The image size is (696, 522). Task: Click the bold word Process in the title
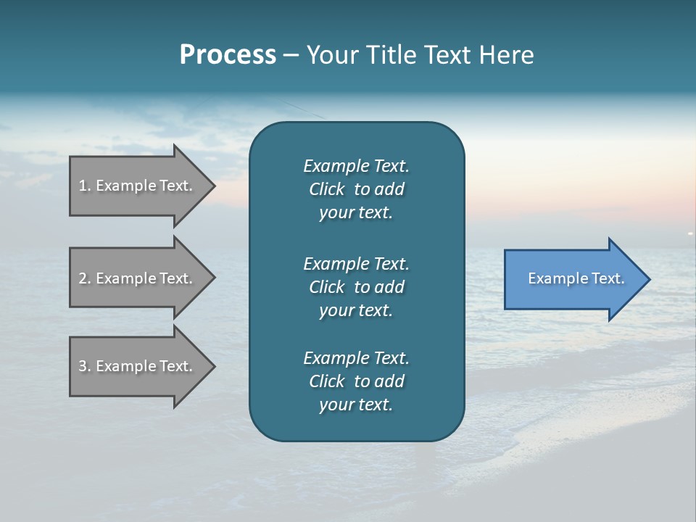point(228,55)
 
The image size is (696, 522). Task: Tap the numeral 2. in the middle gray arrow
point(84,278)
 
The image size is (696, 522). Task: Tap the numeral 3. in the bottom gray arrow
point(84,366)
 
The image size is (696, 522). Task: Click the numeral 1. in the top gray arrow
point(84,186)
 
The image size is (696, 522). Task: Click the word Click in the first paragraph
point(326,189)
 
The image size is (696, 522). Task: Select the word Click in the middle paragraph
point(326,287)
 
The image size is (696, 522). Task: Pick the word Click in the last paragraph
point(326,381)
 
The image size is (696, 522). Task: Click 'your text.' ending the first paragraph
point(356,213)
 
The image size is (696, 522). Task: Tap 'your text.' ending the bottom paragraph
point(356,405)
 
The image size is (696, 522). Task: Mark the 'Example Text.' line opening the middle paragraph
point(356,263)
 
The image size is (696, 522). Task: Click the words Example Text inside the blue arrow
point(576,278)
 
